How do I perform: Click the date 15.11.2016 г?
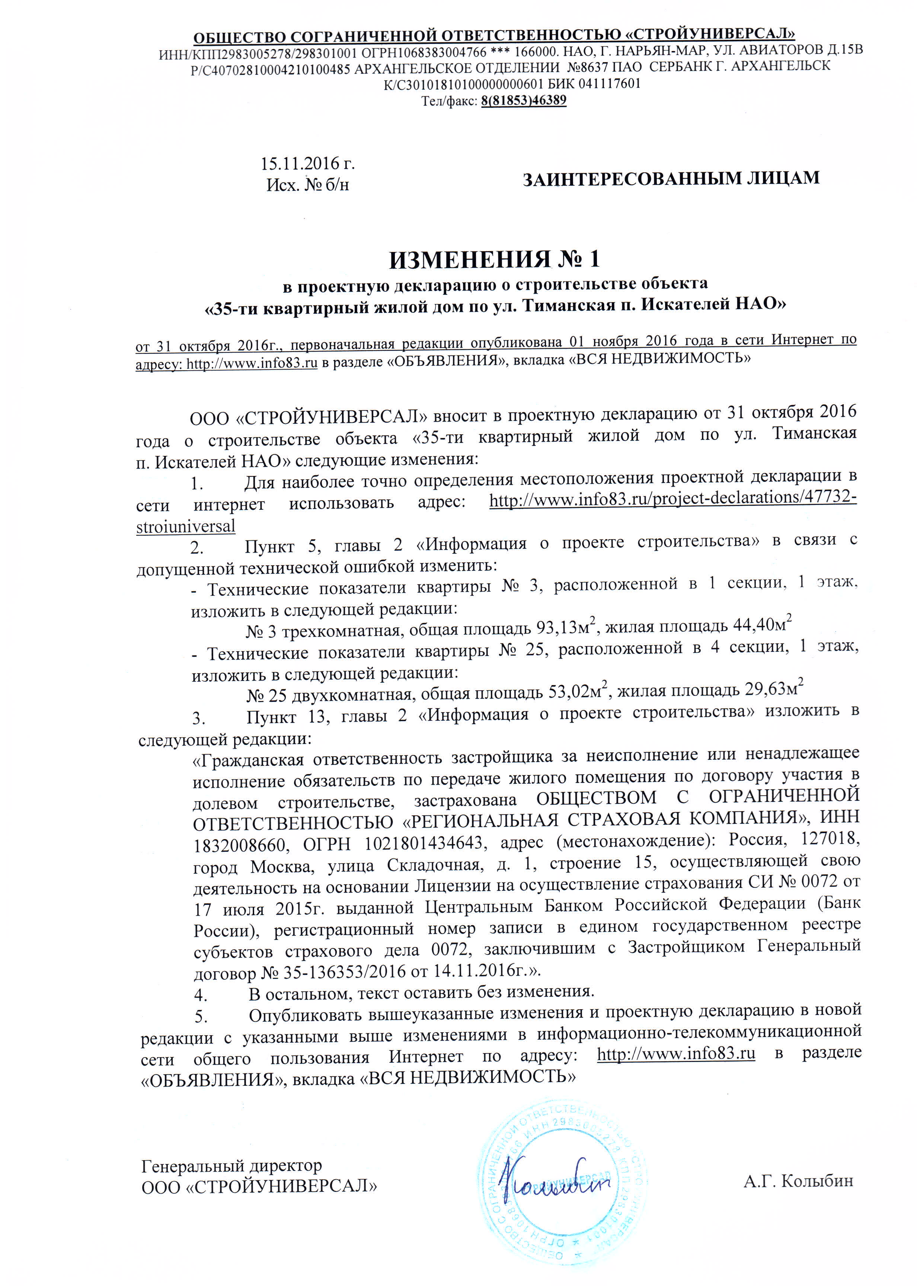coord(307,164)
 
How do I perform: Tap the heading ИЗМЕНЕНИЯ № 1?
coord(494,259)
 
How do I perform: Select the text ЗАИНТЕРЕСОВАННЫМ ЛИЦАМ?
coord(671,178)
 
